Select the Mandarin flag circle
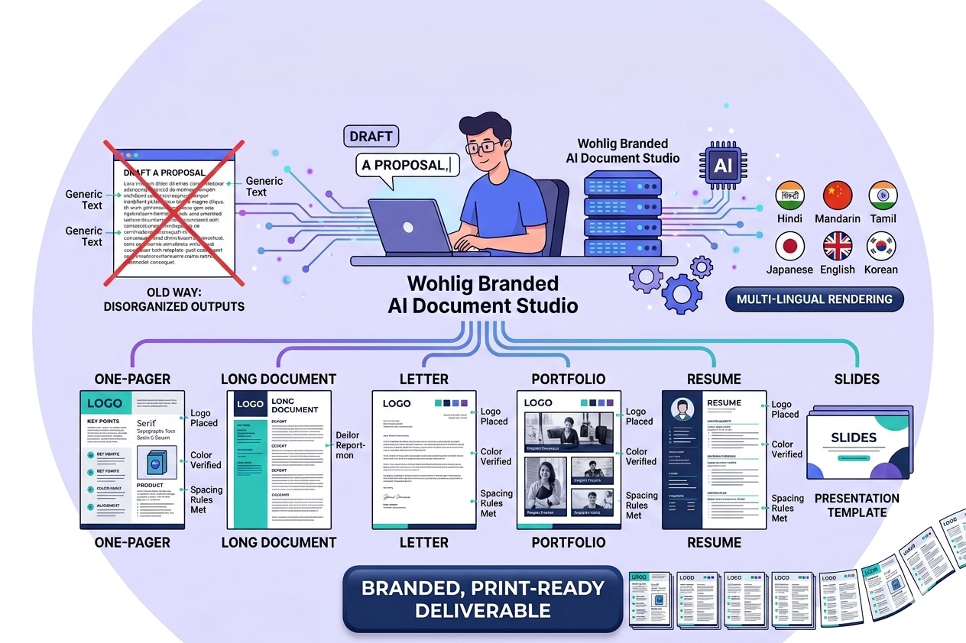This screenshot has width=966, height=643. tap(838, 196)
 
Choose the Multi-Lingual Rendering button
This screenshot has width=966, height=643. tap(815, 299)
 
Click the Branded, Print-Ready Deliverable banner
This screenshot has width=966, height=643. tap(483, 599)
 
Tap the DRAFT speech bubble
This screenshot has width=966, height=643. tap(371, 137)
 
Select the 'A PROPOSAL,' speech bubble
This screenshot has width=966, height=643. tap(408, 165)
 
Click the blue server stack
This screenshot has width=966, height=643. tap(622, 215)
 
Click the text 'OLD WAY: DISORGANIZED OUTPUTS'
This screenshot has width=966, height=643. tap(174, 299)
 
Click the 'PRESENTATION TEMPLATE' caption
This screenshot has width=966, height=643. tap(857, 506)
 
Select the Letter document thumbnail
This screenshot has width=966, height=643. tap(424, 460)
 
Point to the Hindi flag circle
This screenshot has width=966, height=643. tap(789, 196)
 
